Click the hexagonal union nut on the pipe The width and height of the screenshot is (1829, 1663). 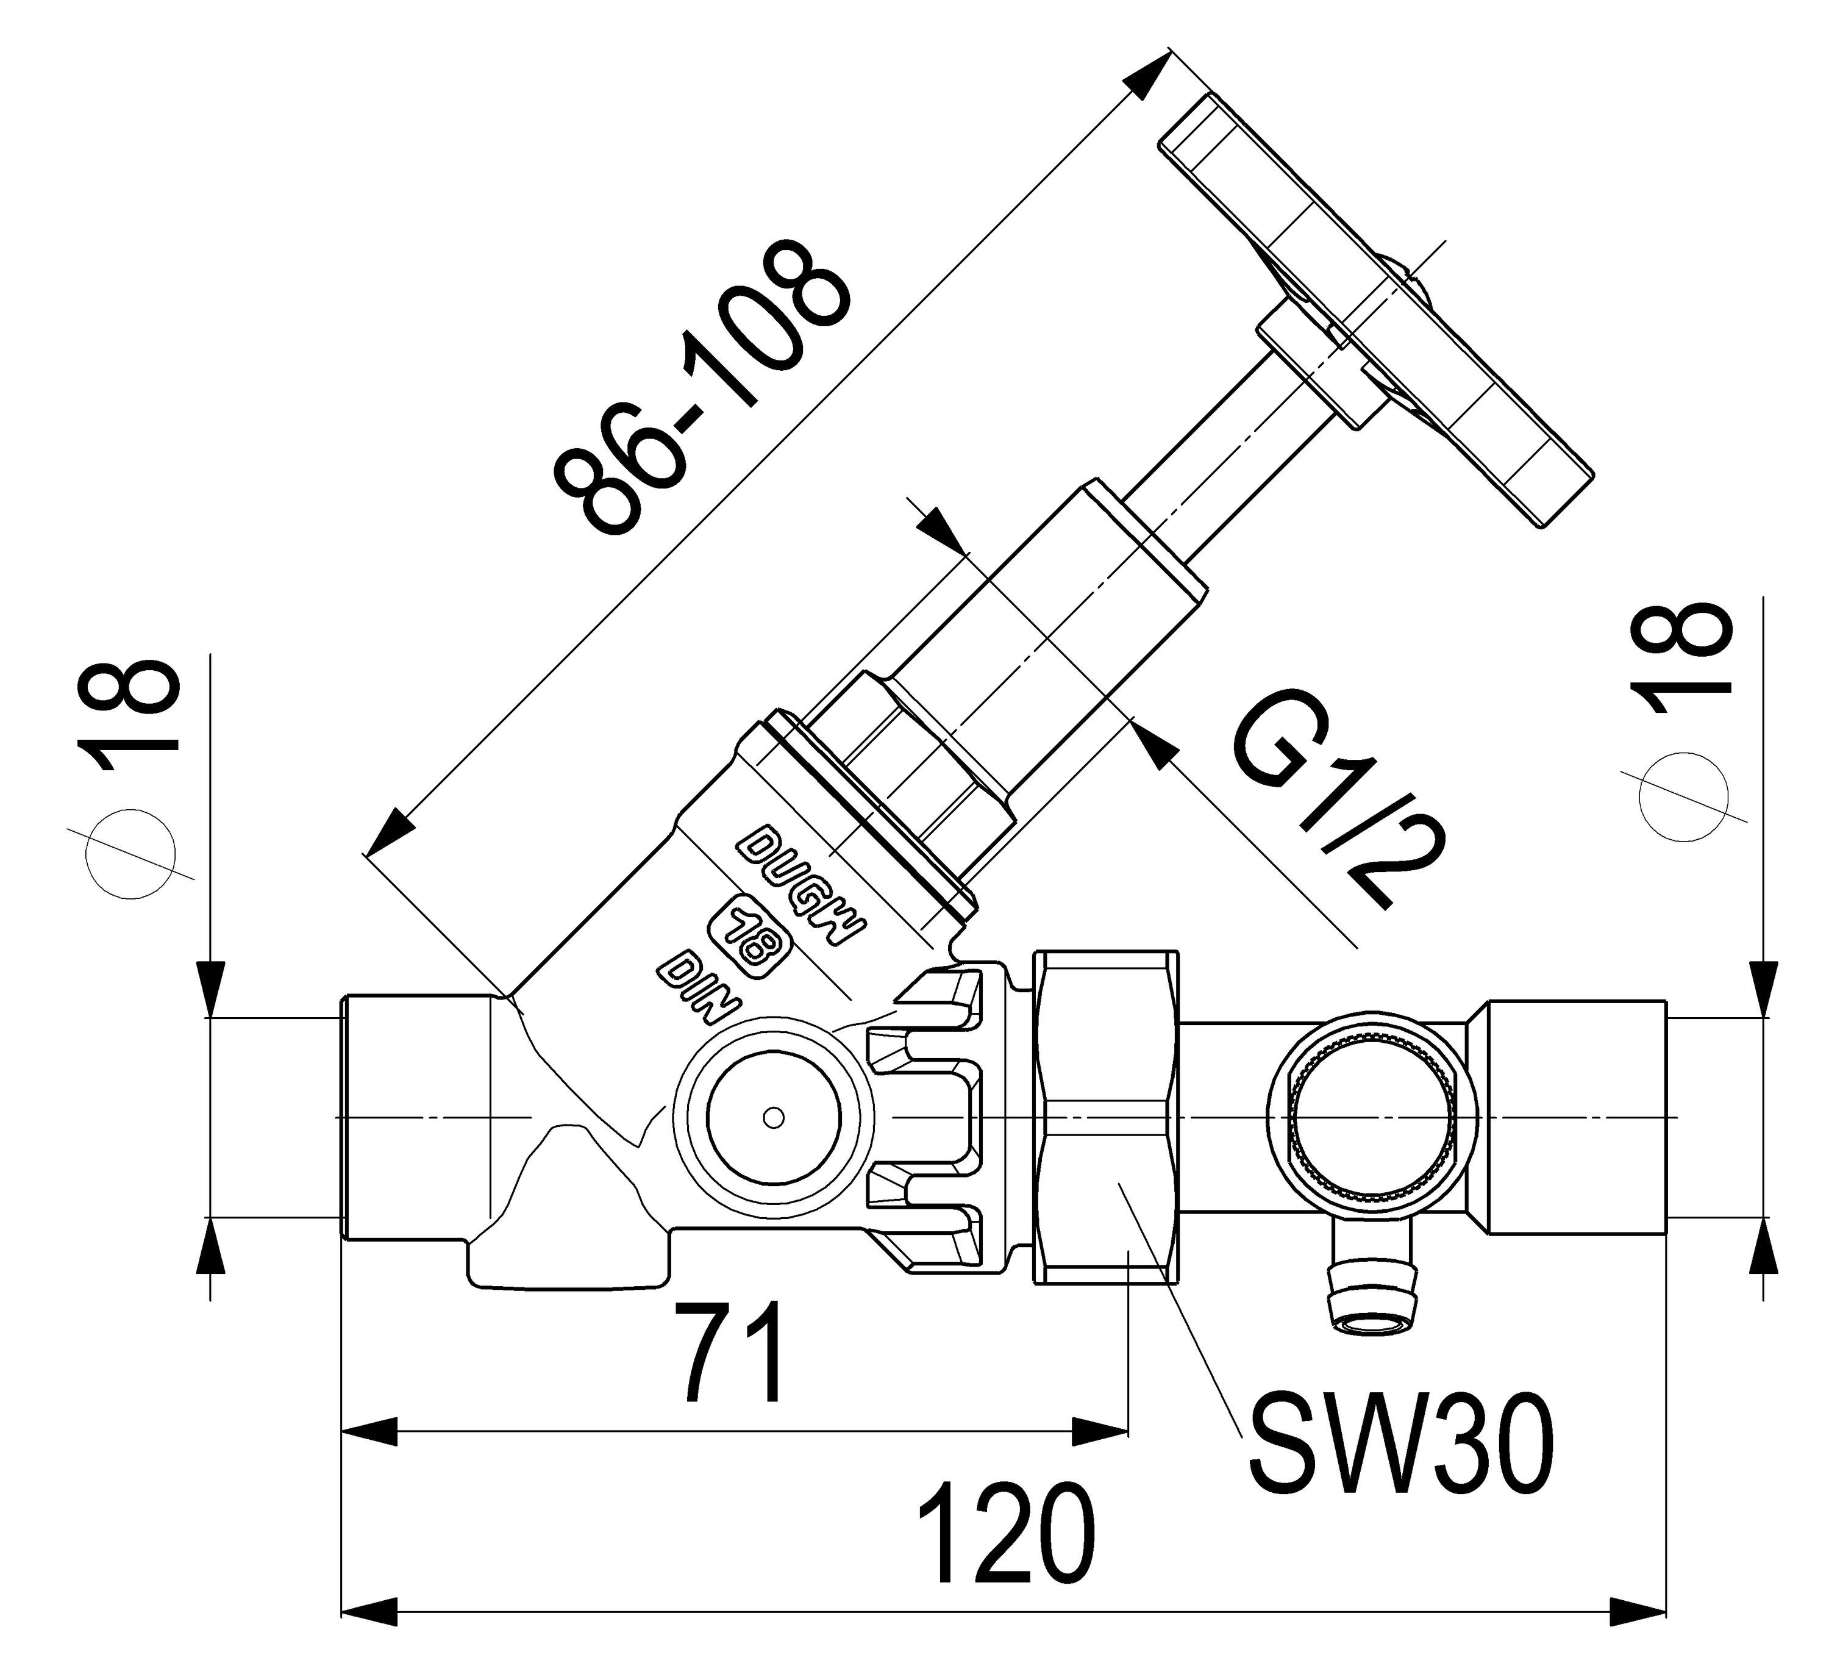click(x=1106, y=1117)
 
